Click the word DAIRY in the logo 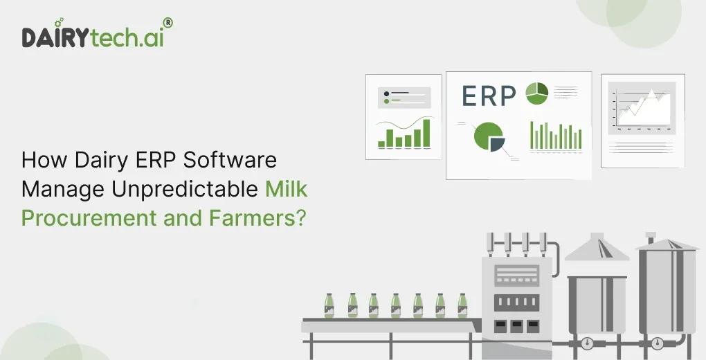(x=55, y=38)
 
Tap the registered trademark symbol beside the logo (x=168, y=23)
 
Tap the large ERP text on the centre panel (x=489, y=97)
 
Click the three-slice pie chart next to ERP (x=537, y=93)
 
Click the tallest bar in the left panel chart (x=426, y=133)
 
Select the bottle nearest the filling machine (x=462, y=305)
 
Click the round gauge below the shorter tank (x=588, y=343)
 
